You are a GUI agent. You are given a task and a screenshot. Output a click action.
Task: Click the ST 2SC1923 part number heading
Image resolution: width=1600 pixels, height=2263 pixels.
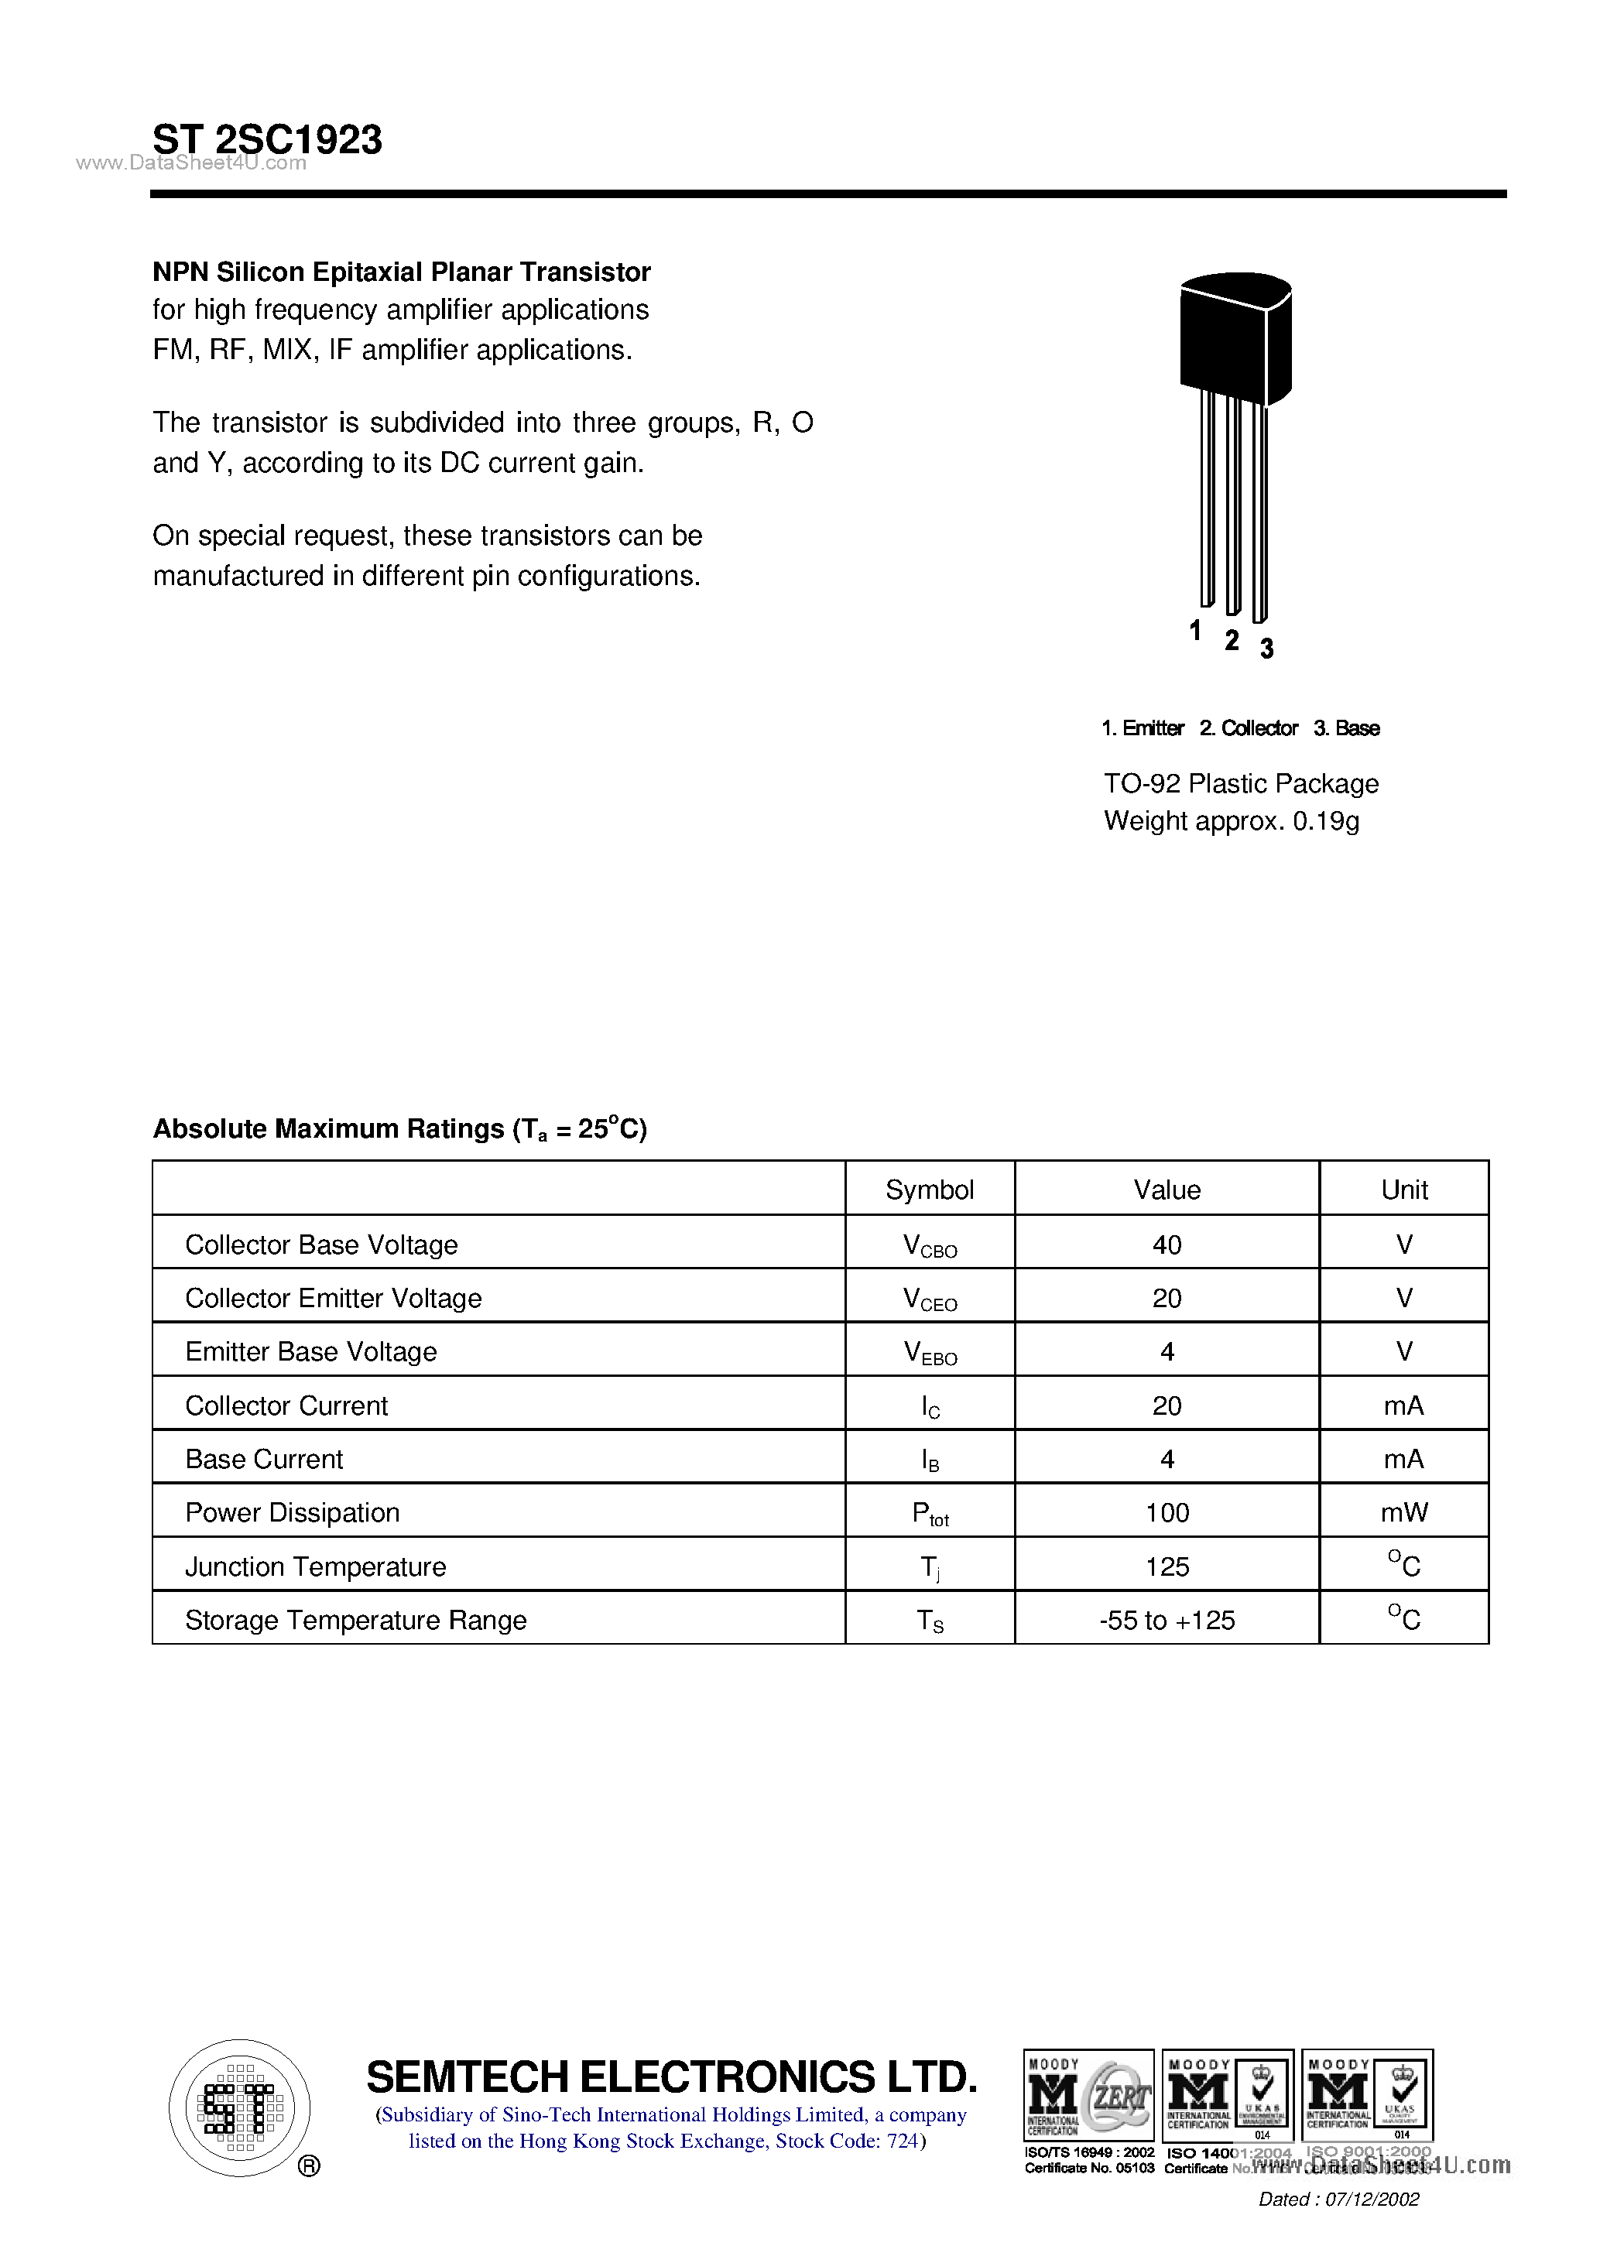click(x=267, y=139)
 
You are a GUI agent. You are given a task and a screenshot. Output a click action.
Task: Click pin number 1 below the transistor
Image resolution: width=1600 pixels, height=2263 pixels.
click(x=1195, y=630)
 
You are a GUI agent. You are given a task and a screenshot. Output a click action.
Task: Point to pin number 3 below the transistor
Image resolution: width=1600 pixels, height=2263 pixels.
click(x=1267, y=648)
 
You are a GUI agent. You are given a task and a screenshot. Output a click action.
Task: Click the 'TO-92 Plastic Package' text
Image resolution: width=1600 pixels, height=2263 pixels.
click(x=1240, y=783)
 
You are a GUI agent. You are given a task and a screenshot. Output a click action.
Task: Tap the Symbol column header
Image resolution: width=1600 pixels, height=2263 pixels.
click(x=929, y=1190)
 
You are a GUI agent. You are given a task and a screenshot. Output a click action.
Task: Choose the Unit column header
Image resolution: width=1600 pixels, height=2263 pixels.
click(x=1404, y=1190)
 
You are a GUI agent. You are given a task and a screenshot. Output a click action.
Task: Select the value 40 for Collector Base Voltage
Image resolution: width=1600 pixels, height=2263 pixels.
click(x=1167, y=1244)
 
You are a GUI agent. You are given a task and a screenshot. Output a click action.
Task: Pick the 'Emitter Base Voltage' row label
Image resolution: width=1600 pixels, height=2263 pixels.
click(x=310, y=1351)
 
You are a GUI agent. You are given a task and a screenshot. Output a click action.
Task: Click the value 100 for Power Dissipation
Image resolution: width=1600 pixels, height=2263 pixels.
click(x=1167, y=1513)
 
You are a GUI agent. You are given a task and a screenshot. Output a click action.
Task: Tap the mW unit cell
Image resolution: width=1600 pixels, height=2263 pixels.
click(x=1404, y=1513)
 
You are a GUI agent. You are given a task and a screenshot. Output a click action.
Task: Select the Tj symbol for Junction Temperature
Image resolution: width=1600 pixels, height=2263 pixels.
click(x=930, y=1567)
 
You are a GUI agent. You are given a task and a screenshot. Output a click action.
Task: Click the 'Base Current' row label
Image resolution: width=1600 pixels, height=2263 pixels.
click(x=264, y=1459)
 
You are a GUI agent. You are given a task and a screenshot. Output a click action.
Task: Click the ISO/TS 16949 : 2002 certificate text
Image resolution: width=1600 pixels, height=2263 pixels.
click(x=1088, y=2152)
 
